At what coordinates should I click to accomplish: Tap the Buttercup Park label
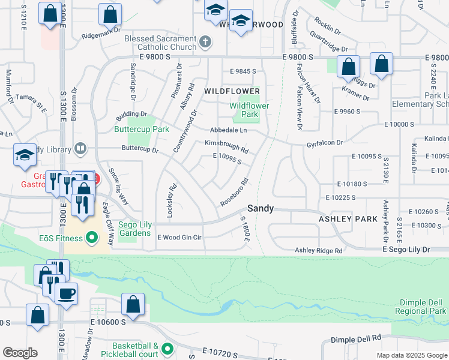tap(142, 129)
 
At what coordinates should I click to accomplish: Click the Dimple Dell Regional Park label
tap(421, 307)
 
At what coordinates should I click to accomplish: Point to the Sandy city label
tap(261, 209)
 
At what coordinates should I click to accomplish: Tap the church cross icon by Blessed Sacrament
tap(205, 42)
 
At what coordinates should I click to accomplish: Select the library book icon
tap(80, 149)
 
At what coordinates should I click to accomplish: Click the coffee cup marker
tap(66, 293)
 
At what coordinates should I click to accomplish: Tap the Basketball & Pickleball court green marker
tap(167, 348)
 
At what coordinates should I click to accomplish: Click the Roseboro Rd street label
tap(235, 192)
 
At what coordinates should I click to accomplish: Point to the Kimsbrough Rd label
tap(226, 145)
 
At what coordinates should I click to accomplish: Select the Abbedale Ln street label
tap(228, 130)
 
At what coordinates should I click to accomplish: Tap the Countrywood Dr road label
tap(185, 131)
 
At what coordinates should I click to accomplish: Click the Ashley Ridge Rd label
tap(318, 251)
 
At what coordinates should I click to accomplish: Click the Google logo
tap(19, 353)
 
